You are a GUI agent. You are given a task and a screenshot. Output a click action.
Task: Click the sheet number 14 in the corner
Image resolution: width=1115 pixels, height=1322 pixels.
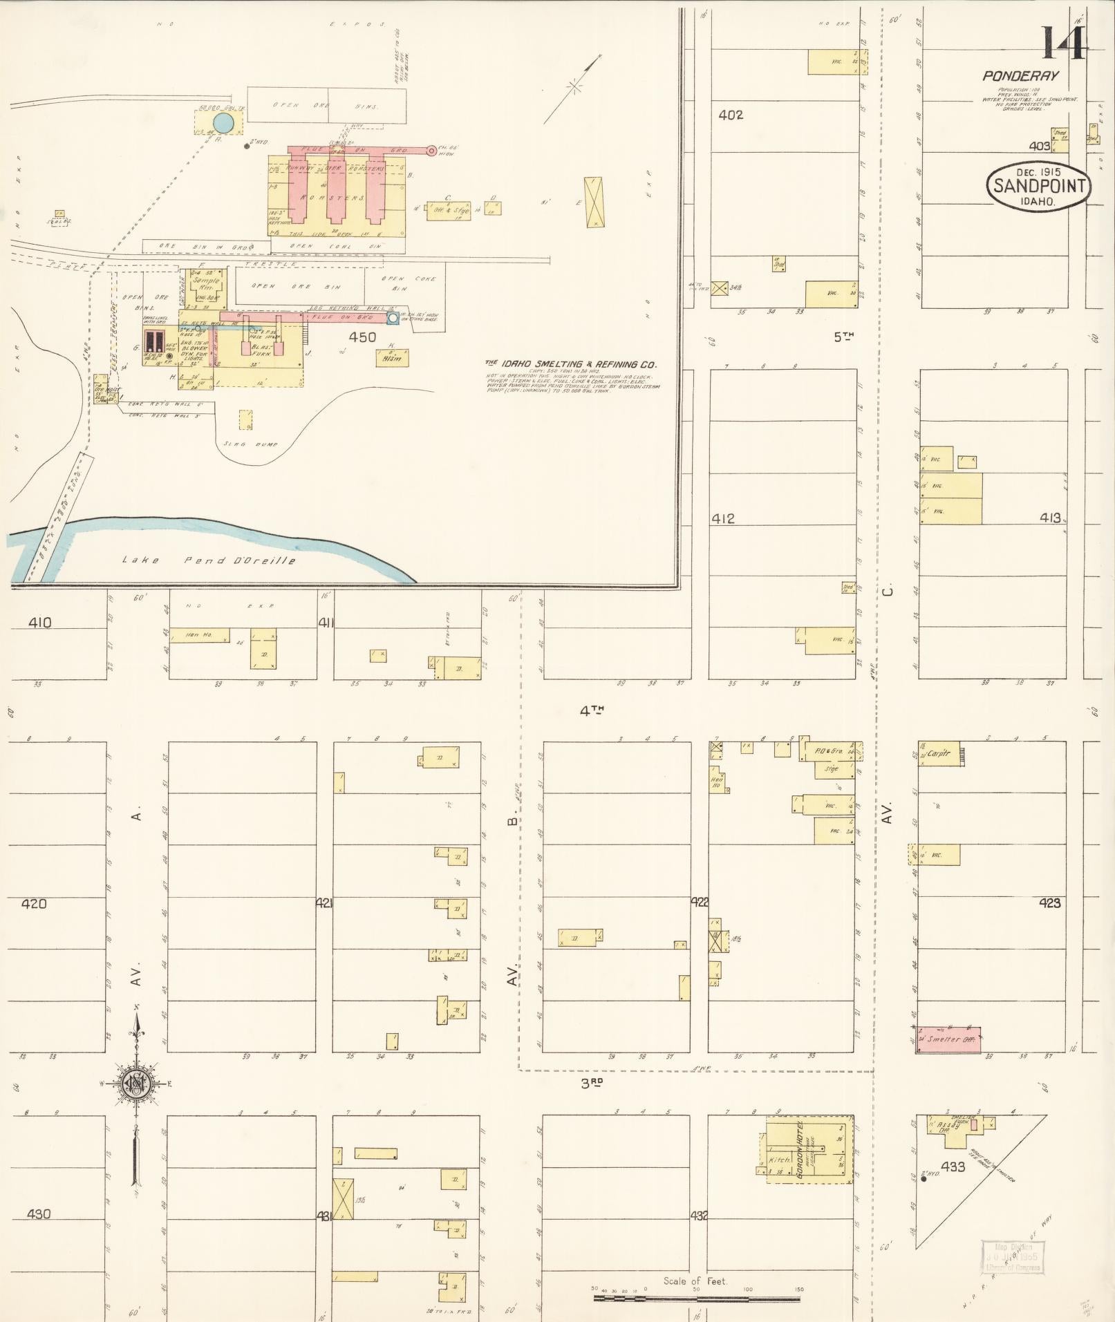[1065, 43]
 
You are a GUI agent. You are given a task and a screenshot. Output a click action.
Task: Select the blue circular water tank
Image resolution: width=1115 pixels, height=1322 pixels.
[223, 123]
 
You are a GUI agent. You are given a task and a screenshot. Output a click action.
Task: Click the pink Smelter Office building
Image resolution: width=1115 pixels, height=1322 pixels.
[948, 1039]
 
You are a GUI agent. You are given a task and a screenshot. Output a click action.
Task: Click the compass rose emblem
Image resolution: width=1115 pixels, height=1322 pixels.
[137, 1084]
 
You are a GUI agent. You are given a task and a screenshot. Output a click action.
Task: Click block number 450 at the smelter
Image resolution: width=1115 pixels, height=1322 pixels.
[362, 337]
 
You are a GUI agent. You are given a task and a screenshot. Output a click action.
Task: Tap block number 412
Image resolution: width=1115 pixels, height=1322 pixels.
[723, 518]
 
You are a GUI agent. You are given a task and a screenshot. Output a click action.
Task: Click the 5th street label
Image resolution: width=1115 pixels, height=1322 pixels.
[843, 337]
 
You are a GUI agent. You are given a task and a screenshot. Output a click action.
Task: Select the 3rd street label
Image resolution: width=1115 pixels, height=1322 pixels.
[592, 1084]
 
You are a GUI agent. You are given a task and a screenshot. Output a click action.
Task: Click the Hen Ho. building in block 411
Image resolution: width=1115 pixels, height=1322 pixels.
[199, 635]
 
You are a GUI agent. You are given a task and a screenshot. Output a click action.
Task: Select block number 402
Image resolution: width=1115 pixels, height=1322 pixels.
[731, 115]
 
